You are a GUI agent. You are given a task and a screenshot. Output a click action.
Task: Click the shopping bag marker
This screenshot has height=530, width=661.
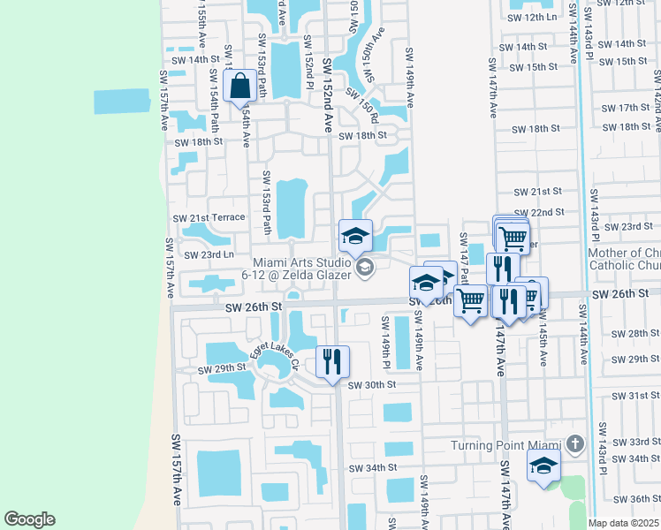tap(239, 87)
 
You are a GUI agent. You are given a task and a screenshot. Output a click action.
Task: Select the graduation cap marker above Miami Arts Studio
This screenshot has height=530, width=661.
tap(355, 237)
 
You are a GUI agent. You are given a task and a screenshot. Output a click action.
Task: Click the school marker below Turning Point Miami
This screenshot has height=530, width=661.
tap(543, 466)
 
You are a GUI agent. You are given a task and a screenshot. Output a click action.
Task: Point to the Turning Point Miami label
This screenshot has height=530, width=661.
tap(505, 444)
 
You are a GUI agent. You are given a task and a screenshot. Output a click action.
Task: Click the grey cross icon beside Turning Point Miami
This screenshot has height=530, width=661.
tap(575, 443)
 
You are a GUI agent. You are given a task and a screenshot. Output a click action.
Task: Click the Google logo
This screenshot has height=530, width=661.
tap(29, 519)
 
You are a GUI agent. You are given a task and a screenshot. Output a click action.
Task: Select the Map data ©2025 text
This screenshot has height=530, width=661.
tap(625, 523)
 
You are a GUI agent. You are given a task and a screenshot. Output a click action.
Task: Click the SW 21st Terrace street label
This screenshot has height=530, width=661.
tap(209, 218)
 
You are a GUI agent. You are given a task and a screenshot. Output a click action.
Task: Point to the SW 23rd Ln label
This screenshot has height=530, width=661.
tap(209, 254)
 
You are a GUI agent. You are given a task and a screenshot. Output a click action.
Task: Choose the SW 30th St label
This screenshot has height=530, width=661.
tap(371, 384)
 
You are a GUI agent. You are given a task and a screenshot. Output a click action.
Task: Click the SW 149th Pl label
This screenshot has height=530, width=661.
tap(385, 341)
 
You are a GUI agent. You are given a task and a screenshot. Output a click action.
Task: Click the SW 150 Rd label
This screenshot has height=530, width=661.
tap(361, 104)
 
